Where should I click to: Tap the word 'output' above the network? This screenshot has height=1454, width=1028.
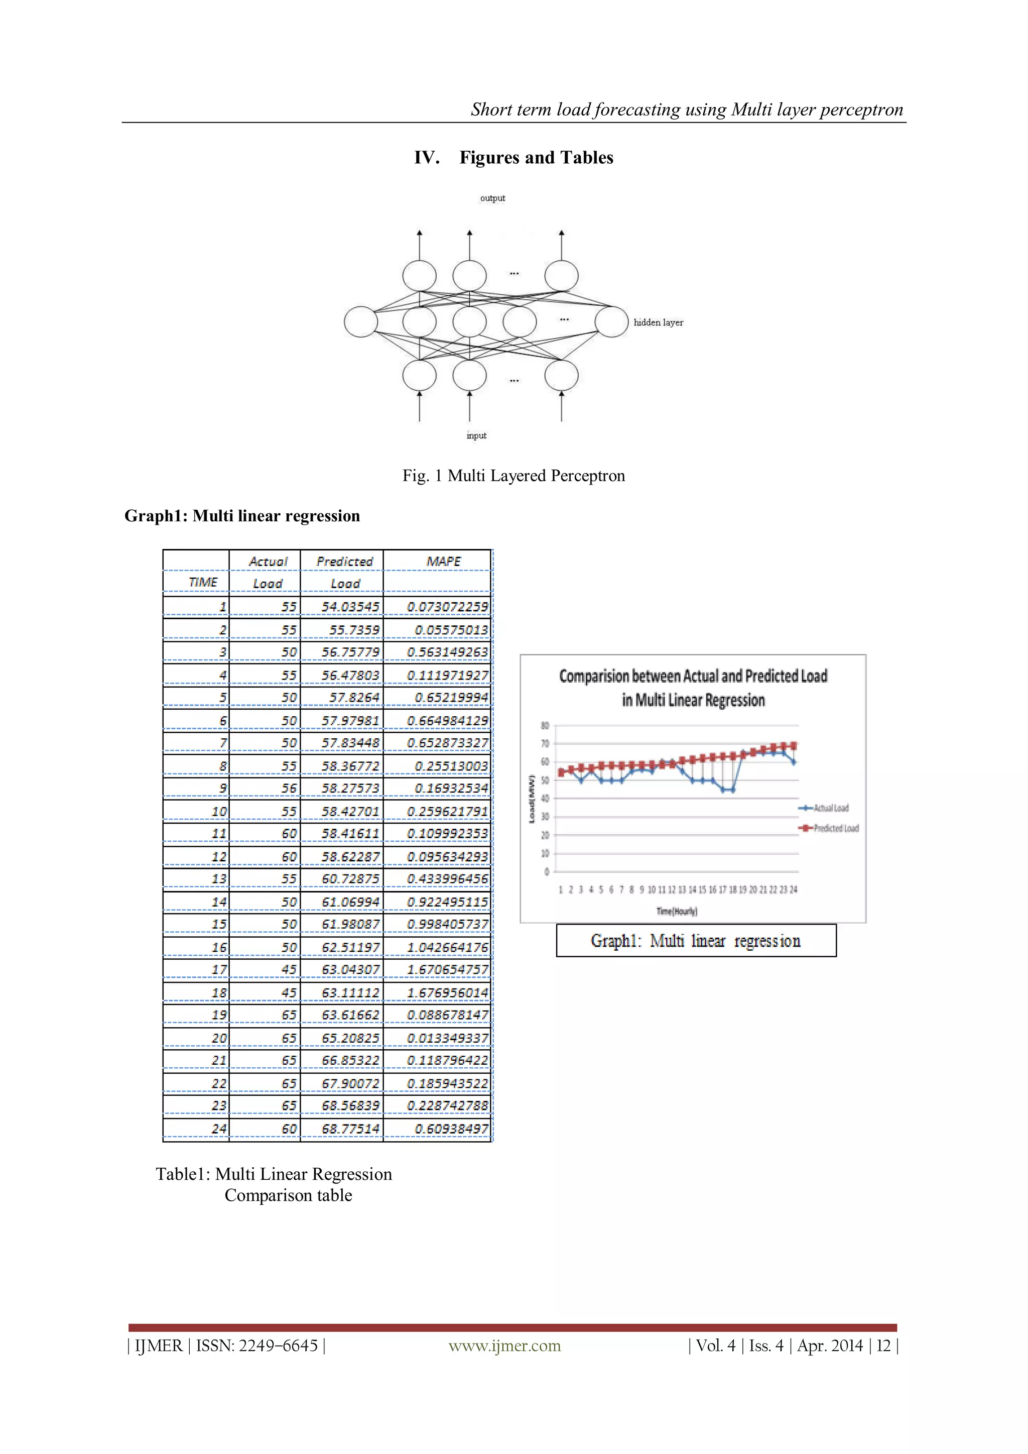click(x=492, y=198)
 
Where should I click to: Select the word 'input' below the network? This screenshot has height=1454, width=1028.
click(x=476, y=435)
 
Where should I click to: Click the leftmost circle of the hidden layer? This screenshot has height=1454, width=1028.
click(x=361, y=322)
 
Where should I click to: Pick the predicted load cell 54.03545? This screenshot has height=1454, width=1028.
click(x=349, y=607)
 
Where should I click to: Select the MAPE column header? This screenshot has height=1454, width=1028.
click(x=443, y=562)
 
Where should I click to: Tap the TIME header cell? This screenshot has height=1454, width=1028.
click(x=203, y=583)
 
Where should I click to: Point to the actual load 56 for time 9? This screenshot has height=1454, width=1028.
click(x=289, y=789)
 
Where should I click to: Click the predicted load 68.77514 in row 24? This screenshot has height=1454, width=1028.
click(x=350, y=1129)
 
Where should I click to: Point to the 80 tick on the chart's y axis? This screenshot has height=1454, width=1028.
click(x=545, y=726)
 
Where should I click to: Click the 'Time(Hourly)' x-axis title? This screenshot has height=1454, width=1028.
click(x=676, y=911)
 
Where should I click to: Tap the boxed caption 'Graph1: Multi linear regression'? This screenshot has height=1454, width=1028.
click(x=695, y=941)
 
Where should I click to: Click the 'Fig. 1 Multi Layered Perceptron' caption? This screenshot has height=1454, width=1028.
click(x=513, y=476)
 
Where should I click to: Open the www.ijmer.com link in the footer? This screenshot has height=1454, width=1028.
click(x=504, y=1346)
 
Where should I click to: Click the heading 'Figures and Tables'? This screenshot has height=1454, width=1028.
click(x=536, y=158)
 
